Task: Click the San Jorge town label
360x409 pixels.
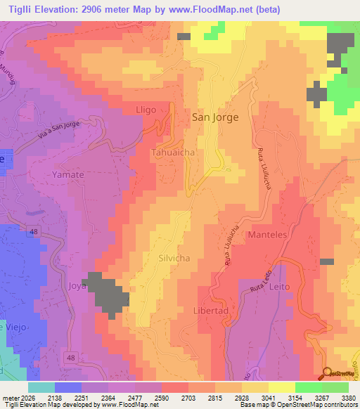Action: pyautogui.click(x=215, y=118)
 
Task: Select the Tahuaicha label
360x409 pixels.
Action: pyautogui.click(x=172, y=152)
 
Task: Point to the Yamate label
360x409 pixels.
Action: pyautogui.click(x=68, y=174)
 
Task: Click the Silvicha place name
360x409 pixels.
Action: pyautogui.click(x=176, y=258)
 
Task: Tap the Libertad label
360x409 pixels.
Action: pyautogui.click(x=210, y=311)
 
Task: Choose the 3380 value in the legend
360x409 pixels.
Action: pyautogui.click(x=347, y=397)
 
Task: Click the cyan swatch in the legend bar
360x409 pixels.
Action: pyautogui.click(x=41, y=387)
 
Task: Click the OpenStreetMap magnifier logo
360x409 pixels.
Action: pyautogui.click(x=326, y=373)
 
